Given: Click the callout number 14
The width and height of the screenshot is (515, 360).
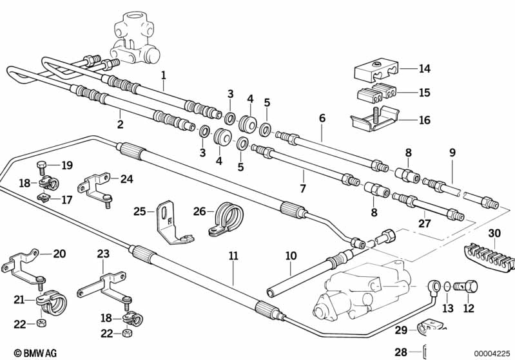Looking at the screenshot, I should pyautogui.click(x=424, y=69).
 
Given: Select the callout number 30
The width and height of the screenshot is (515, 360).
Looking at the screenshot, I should pyautogui.click(x=494, y=233).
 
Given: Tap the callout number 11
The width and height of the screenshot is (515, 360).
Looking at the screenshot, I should pyautogui.click(x=233, y=256).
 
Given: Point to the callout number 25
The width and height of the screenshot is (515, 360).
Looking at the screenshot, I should pyautogui.click(x=140, y=211).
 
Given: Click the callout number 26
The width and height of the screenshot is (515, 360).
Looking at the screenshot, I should pyautogui.click(x=200, y=211).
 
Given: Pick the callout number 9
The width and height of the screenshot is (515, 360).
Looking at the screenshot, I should pyautogui.click(x=452, y=153).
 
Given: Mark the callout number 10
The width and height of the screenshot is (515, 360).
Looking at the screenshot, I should pyautogui.click(x=291, y=256).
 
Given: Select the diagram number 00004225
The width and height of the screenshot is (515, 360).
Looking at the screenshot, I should pyautogui.click(x=492, y=352).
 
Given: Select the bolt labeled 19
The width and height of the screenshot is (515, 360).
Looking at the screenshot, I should pyautogui.click(x=43, y=167).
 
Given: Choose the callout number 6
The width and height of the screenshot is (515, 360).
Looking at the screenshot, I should pyautogui.click(x=322, y=118).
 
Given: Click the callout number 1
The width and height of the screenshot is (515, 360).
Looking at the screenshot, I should pyautogui.click(x=164, y=75).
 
